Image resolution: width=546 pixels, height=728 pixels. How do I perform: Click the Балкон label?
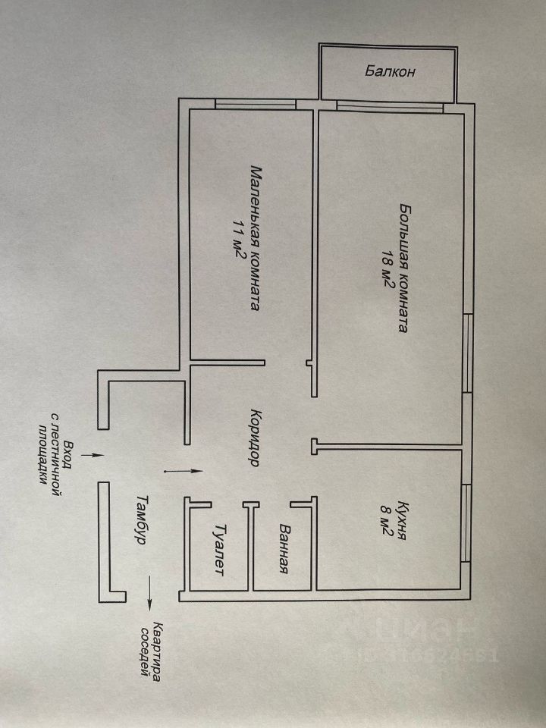[389, 73]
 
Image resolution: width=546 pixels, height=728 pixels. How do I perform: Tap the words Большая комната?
[405, 268]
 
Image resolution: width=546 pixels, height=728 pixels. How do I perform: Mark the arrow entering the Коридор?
[183, 471]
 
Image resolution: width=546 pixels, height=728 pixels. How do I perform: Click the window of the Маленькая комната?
[255, 105]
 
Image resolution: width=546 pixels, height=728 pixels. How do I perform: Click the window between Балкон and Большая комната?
[389, 105]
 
